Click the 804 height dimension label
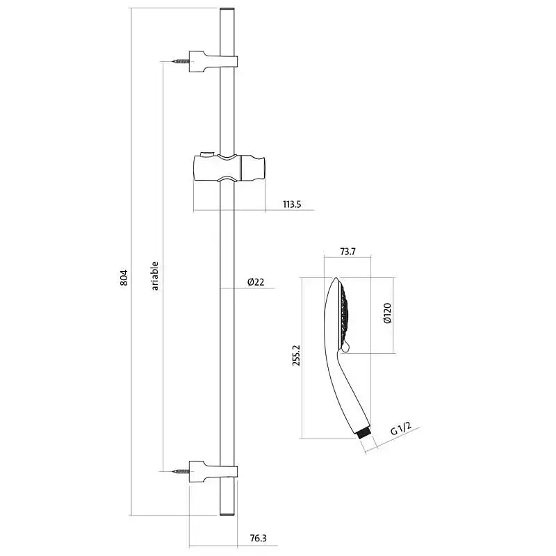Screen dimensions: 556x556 124,277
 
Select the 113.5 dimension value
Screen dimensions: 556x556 292,204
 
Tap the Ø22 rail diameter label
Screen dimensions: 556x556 256,282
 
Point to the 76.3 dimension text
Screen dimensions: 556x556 258,538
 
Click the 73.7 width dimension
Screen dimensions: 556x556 347,252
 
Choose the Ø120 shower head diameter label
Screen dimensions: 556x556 387,313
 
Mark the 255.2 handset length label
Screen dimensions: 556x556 296,355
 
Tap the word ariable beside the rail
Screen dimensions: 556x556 154,276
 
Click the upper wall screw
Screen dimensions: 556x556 181,61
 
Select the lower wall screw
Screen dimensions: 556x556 181,471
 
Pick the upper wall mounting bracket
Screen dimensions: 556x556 213,62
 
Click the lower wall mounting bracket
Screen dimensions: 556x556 213,472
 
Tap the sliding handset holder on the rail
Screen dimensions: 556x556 229,167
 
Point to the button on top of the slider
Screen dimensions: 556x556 206,154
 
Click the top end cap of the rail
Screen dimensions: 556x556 227,9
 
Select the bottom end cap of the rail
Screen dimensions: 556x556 227,514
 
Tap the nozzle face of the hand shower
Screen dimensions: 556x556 343,314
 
